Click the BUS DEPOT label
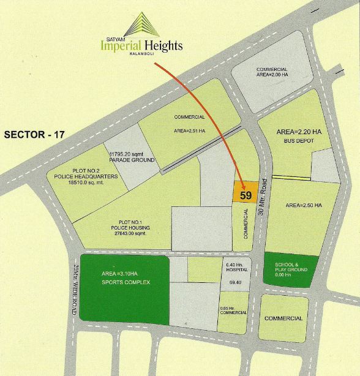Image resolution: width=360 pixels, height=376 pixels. click(x=296, y=141)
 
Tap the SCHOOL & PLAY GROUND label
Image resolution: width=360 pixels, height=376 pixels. click(x=290, y=269)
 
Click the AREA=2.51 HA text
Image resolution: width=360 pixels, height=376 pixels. click(x=190, y=130)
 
